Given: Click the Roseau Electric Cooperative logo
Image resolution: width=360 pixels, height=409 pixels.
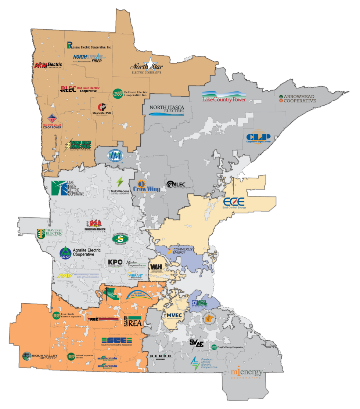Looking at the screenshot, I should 89,45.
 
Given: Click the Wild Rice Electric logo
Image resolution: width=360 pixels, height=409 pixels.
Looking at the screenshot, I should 78,145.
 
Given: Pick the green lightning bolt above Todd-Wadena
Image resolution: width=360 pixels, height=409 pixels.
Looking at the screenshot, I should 120,182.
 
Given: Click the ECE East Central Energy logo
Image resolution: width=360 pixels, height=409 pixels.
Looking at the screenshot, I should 234,203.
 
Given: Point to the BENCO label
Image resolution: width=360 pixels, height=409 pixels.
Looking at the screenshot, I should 161,356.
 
